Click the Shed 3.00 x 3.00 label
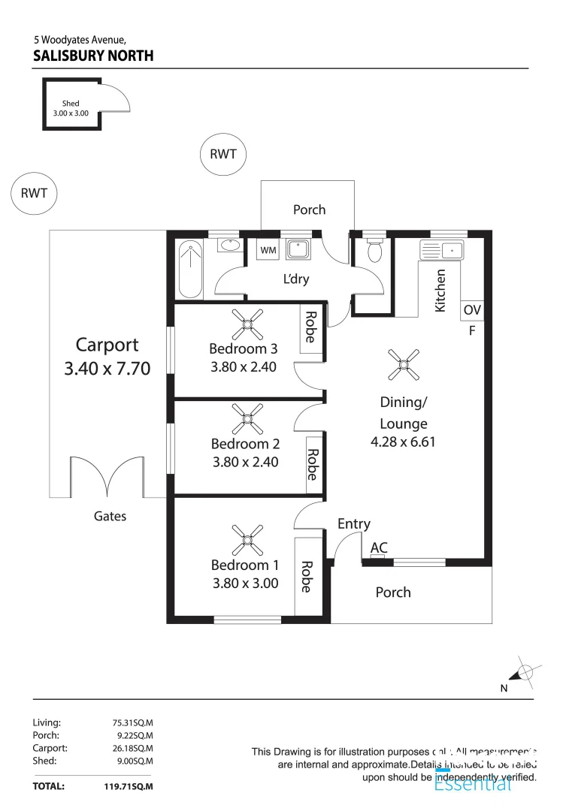[x=71, y=108]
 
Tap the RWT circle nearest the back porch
[x=223, y=155]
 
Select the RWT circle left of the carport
[x=34, y=194]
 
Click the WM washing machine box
[x=267, y=249]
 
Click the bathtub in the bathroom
[x=190, y=268]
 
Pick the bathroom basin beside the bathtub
[x=229, y=246]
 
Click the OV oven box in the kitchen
[x=471, y=310]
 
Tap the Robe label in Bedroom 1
[x=306, y=577]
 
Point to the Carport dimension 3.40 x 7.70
[x=107, y=369]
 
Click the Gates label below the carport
[x=110, y=516]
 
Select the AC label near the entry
[x=379, y=548]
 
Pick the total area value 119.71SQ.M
[x=129, y=787]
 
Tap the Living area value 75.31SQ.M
[x=132, y=723]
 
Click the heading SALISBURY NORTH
[x=93, y=56]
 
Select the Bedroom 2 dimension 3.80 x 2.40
[x=245, y=463]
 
